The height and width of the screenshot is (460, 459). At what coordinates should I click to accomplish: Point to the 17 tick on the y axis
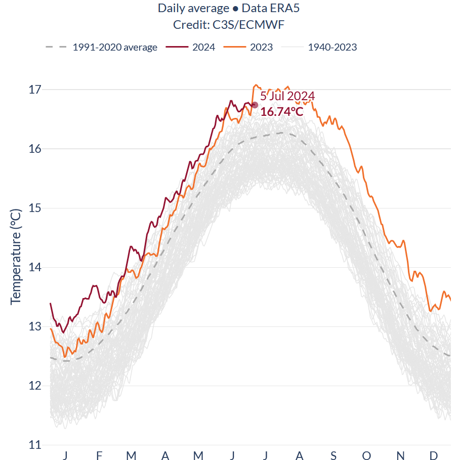coord(35,90)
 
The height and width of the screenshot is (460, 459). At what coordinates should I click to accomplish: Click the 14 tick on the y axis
coord(35,267)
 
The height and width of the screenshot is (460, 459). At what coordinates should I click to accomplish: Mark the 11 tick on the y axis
coord(35,445)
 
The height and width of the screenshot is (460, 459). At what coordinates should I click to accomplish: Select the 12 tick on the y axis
coord(35,386)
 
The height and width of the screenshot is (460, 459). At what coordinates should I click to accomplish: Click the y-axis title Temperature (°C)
coord(16,256)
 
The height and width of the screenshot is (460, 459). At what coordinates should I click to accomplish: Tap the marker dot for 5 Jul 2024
coord(255,105)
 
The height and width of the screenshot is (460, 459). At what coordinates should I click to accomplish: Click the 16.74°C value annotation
coord(282,111)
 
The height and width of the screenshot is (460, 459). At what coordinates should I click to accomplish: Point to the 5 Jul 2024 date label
coord(287,96)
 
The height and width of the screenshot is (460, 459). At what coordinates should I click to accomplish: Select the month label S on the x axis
coord(333,456)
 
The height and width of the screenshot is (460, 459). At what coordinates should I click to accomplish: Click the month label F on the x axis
coord(99,456)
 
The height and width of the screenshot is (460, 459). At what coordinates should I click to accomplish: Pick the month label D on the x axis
coord(434,456)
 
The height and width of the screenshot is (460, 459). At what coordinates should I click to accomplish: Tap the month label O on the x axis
coord(367,456)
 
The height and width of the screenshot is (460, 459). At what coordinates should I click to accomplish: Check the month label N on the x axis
coord(400,456)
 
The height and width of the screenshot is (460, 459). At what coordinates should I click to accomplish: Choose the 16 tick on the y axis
coord(35,149)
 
